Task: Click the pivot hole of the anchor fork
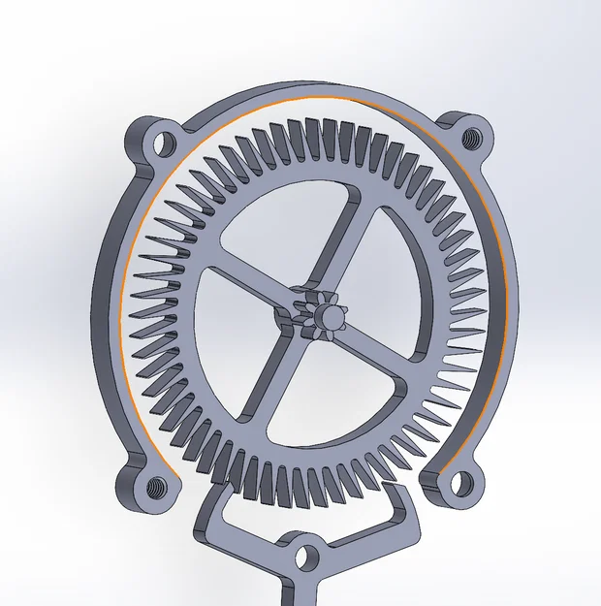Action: pos(306,557)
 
